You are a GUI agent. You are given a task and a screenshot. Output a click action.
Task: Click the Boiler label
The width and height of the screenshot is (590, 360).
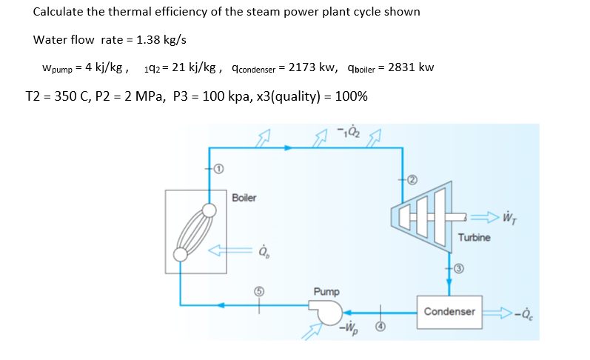point(244,198)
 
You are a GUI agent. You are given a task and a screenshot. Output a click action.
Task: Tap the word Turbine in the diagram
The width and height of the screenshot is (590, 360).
point(474,238)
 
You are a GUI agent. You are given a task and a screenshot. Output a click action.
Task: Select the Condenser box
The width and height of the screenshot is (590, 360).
point(449,311)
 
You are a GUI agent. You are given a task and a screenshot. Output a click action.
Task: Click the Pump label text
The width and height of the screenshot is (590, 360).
point(326,293)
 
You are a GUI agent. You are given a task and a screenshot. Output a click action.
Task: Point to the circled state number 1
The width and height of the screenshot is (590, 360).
point(219,170)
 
